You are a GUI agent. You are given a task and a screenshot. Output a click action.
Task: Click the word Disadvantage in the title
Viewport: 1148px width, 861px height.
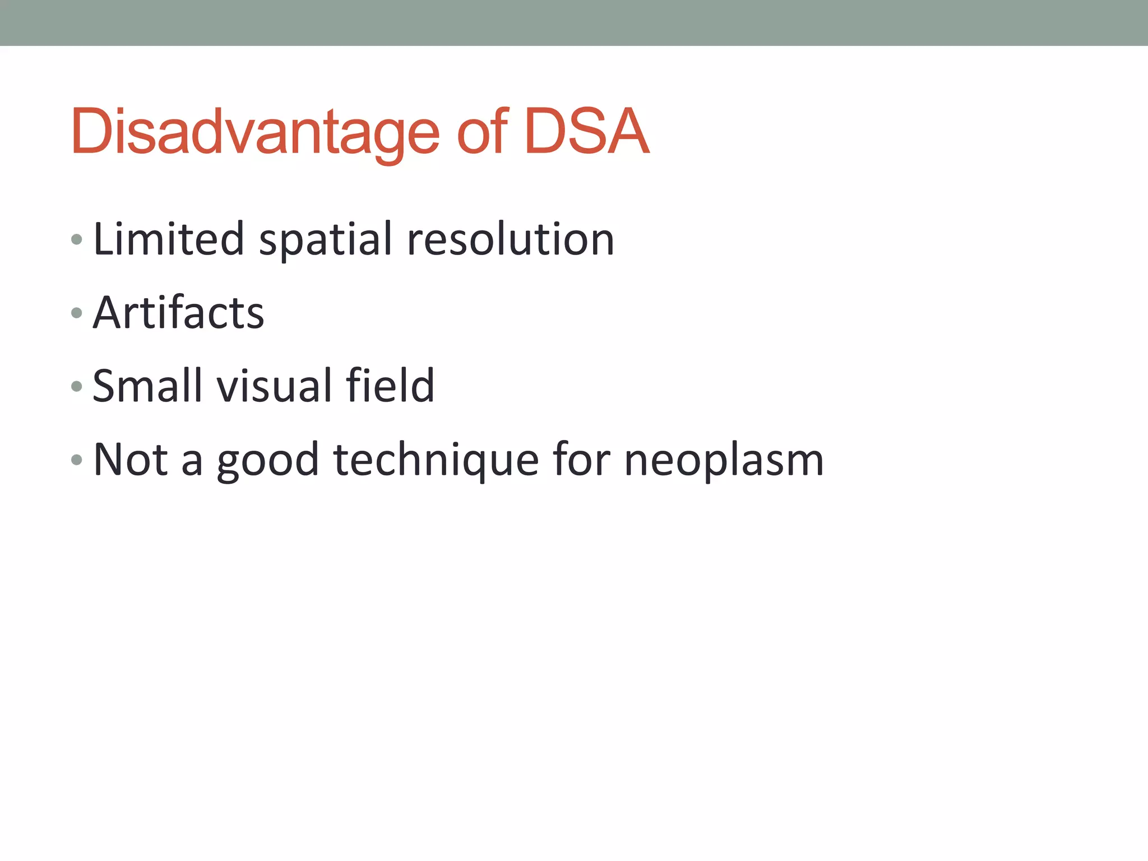coord(255,132)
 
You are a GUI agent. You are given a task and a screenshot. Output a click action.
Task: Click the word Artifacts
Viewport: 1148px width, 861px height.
coord(178,312)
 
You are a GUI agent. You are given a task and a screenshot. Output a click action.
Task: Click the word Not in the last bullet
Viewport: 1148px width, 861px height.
coord(131,460)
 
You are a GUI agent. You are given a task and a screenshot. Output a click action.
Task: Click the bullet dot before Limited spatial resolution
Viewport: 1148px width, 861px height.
coord(77,240)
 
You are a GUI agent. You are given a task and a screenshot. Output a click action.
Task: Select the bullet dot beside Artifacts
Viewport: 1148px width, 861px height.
coord(77,313)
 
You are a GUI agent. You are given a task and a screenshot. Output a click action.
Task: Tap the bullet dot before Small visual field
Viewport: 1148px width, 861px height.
coord(77,386)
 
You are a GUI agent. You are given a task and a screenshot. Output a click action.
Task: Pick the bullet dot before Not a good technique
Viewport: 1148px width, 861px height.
coord(77,460)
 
